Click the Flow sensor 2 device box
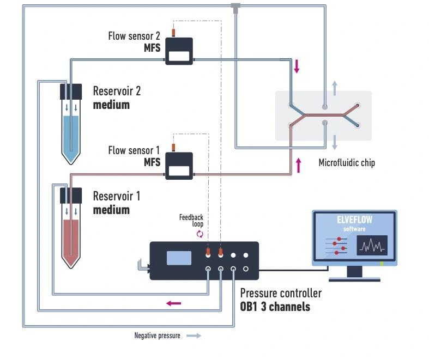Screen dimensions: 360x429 pyautogui.click(x=179, y=51)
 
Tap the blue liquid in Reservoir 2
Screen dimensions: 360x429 pyautogui.click(x=71, y=133)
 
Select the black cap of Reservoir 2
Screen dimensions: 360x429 pyautogui.click(x=71, y=91)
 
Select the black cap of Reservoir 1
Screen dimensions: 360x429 pyautogui.click(x=71, y=194)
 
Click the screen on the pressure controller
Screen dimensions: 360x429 pyautogui.click(x=179, y=258)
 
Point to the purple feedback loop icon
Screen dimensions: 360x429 pyautogui.click(x=200, y=234)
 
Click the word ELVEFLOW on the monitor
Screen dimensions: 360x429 pyautogui.click(x=354, y=221)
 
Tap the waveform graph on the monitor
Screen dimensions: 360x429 pyautogui.click(x=372, y=246)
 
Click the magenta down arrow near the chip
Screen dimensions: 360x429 pyautogui.click(x=297, y=66)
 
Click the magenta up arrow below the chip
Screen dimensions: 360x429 pyautogui.click(x=298, y=164)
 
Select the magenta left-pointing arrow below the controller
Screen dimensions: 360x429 pyautogui.click(x=173, y=303)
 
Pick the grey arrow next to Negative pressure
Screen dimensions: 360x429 pyautogui.click(x=194, y=335)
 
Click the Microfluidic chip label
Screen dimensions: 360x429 pyautogui.click(x=347, y=163)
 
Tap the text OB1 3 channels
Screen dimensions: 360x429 pyautogui.click(x=275, y=307)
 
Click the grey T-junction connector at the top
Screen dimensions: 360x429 pyautogui.click(x=235, y=8)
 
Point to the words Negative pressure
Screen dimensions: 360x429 pyautogui.click(x=157, y=335)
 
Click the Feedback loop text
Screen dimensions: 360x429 pyautogui.click(x=191, y=221)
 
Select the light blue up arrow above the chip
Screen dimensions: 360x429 pyautogui.click(x=335, y=86)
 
